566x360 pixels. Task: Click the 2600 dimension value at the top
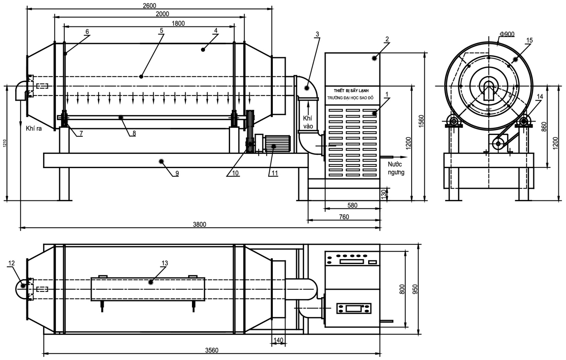pyautogui.click(x=149, y=5)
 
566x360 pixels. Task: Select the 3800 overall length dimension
pyautogui.click(x=199, y=225)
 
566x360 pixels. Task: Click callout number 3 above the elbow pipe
pyautogui.click(x=317, y=34)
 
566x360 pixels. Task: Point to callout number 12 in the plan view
pyautogui.click(x=11, y=263)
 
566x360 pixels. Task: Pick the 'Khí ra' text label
pyautogui.click(x=33, y=129)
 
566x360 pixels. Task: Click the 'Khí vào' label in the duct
pyautogui.click(x=308, y=122)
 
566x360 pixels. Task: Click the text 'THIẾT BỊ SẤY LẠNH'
pyautogui.click(x=351, y=91)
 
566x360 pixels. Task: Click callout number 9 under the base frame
pyautogui.click(x=177, y=173)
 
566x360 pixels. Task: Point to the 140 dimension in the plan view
pyautogui.click(x=278, y=340)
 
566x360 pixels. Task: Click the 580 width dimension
pyautogui.click(x=352, y=205)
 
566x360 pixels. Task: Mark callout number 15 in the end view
pyautogui.click(x=530, y=40)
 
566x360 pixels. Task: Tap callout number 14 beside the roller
pyautogui.click(x=540, y=97)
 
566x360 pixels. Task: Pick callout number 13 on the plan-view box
pyautogui.click(x=164, y=263)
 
